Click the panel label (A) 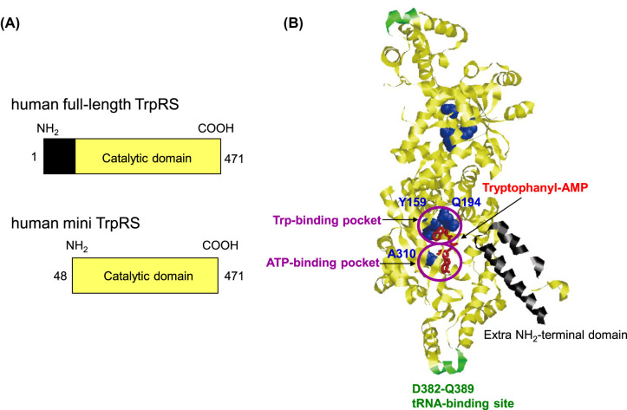coord(10,23)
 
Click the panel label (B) coord(293,23)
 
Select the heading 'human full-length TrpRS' coord(95,105)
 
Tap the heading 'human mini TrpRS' coord(75,223)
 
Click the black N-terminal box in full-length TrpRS coord(60,156)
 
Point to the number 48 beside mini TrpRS coord(61,277)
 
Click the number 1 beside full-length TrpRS coord(34,157)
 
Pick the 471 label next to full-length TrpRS coord(234,159)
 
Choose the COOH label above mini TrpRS coord(220,245)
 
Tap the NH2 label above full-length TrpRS coord(48,128)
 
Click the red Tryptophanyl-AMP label coord(535,188)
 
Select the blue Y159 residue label coord(412,202)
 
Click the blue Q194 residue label coord(466,202)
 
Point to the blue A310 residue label coord(402,254)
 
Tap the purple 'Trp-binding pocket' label coord(327,220)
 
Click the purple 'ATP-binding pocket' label coord(323,263)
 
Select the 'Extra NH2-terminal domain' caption coord(555,335)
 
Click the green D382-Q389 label coord(443,388)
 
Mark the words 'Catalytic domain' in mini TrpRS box coord(148,277)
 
